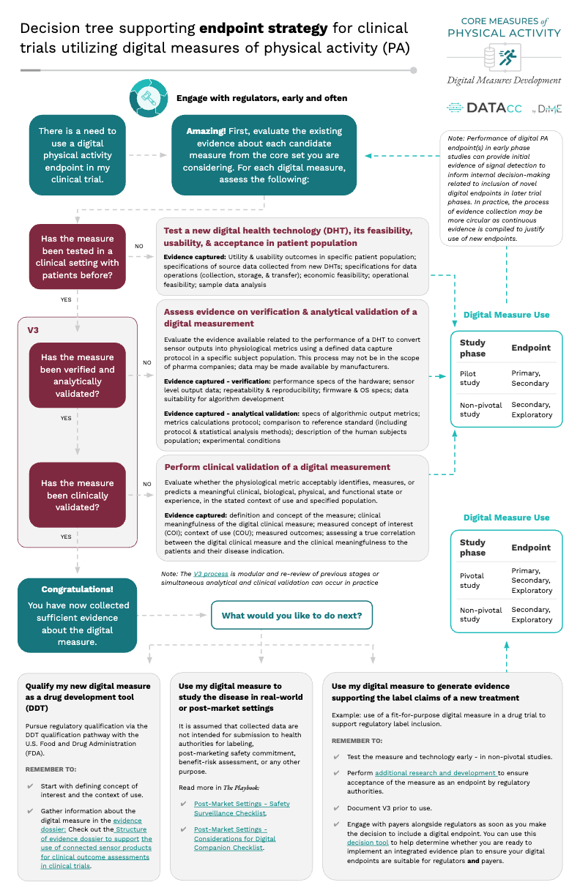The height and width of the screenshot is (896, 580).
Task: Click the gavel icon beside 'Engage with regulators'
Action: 146,97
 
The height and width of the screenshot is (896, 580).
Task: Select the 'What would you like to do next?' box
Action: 291,616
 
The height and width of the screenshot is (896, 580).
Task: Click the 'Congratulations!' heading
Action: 77,589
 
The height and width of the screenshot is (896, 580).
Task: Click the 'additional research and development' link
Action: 436,773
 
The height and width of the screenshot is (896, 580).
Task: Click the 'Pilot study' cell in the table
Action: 471,378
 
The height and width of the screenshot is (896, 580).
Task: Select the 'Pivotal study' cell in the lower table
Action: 472,580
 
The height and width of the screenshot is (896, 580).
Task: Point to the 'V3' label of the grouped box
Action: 34,329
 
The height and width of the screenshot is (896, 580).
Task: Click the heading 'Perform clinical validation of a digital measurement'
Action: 277,467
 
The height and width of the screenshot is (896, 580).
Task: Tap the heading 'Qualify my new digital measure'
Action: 88,687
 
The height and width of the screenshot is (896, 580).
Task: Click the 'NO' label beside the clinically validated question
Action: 146,484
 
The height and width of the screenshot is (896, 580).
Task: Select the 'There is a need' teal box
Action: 77,155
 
